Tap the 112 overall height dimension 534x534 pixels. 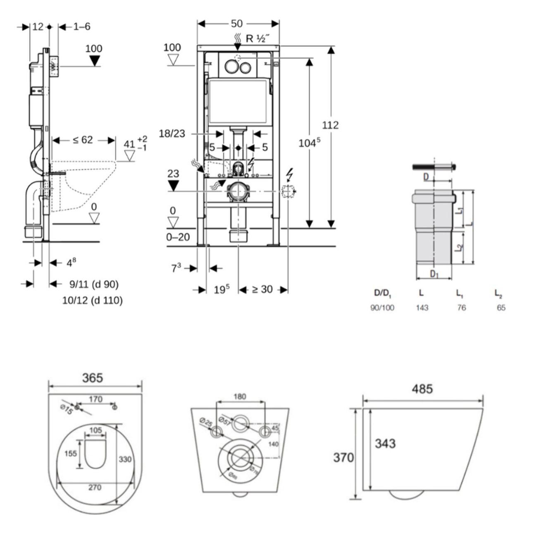(330, 125)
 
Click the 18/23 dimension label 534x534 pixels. (172, 133)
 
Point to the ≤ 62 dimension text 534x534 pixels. (83, 140)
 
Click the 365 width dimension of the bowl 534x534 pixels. (93, 378)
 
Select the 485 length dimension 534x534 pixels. (422, 389)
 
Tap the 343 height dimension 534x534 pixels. (385, 443)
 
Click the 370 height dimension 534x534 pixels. (343, 458)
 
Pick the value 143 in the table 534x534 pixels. (422, 308)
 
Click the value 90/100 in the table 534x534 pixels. (382, 308)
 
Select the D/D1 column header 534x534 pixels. (382, 293)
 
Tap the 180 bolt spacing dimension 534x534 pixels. (240, 397)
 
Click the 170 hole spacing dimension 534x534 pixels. (95, 399)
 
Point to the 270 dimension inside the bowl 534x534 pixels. (95, 487)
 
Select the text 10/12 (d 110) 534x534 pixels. (93, 300)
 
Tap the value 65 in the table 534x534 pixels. (501, 308)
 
